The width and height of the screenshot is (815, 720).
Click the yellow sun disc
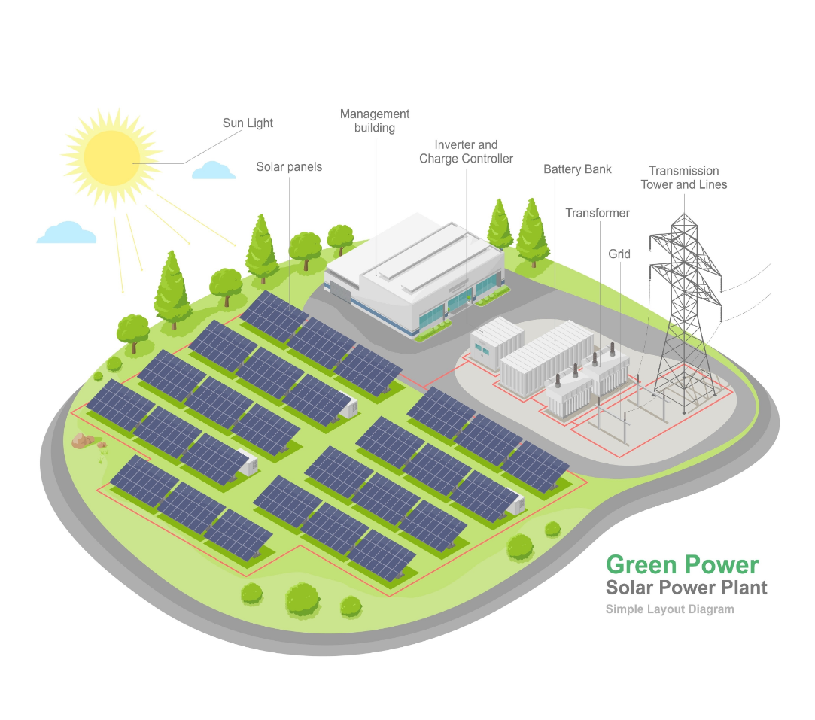point(111,157)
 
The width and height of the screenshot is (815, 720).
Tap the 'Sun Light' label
point(248,123)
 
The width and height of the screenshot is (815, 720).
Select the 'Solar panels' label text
point(289,166)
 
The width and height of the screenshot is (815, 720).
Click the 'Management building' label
point(375,121)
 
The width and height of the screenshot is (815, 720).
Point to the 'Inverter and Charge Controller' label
point(466,152)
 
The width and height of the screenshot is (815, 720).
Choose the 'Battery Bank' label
point(577,169)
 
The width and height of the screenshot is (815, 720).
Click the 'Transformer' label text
point(598,213)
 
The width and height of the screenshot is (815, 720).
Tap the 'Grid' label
point(619,254)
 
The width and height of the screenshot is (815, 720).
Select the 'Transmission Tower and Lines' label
point(684,178)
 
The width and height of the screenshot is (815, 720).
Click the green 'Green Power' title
point(682,564)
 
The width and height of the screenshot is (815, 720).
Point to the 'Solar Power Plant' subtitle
point(686,588)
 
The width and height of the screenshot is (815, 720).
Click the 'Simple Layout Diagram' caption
point(669,609)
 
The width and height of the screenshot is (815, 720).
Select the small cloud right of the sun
point(214,171)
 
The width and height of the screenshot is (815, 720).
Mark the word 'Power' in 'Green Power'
point(722,564)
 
